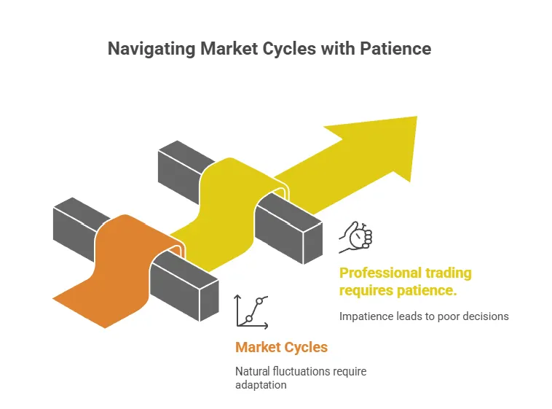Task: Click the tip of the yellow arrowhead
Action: (416, 117)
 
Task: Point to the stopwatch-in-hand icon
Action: (358, 236)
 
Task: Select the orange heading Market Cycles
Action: (281, 347)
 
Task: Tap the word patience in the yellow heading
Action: (425, 291)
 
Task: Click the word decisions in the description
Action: (484, 316)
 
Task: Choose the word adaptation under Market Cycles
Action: (261, 384)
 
